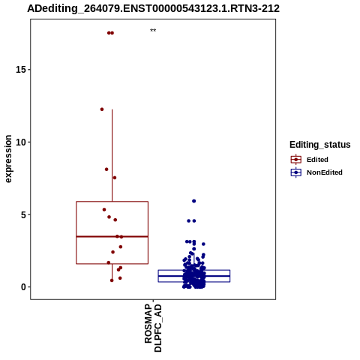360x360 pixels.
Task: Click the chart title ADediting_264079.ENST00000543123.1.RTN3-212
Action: (153, 8)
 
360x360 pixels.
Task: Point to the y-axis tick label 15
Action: (21, 70)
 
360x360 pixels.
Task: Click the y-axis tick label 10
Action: (21, 142)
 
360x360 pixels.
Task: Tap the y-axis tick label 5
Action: (23, 214)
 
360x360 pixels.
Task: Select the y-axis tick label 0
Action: (23, 287)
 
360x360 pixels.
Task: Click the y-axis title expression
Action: (8, 159)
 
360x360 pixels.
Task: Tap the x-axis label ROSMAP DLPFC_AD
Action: (153, 328)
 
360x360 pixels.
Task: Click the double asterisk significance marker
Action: (153, 31)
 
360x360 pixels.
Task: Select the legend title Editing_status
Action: (320, 145)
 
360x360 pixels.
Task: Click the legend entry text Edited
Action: (317, 160)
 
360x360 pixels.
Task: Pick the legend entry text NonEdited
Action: (325, 172)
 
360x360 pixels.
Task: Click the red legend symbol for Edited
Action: (296, 160)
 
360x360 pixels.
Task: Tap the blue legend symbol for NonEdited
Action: (296, 172)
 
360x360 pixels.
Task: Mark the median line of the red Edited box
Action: (112, 236)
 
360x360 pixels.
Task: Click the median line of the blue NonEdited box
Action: (194, 276)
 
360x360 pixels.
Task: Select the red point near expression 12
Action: (102, 109)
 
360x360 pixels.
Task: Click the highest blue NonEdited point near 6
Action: (193, 201)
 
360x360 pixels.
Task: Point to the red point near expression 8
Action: (106, 169)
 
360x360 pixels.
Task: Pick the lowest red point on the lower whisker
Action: (112, 280)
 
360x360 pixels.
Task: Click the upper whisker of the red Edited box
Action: (112, 155)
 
